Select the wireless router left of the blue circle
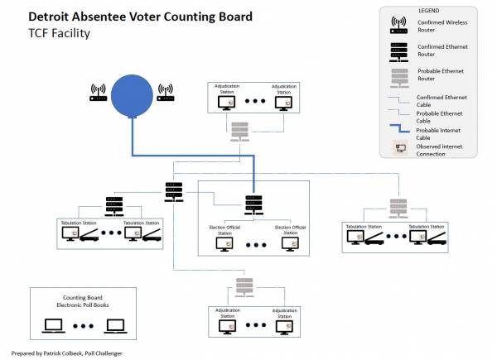[x=98, y=93]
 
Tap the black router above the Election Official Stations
[x=253, y=201]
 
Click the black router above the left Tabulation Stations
[x=113, y=203]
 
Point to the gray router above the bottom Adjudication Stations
[x=244, y=286]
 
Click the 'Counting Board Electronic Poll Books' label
[x=82, y=302]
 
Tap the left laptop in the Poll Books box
[x=54, y=326]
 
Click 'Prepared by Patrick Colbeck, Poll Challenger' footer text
[x=73, y=353]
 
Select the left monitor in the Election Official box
[x=224, y=245]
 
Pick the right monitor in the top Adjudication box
[x=282, y=103]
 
